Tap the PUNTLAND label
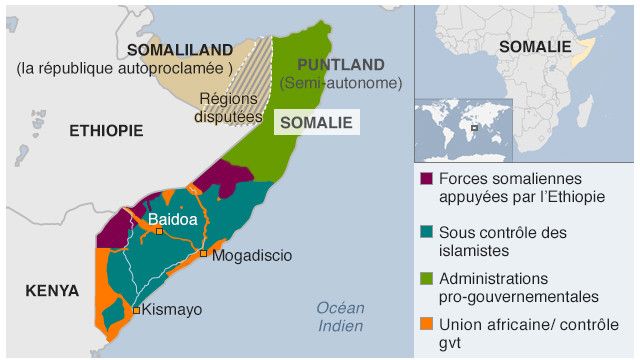(x=340, y=64)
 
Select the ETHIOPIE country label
(x=106, y=131)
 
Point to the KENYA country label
(x=52, y=291)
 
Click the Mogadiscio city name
(x=252, y=256)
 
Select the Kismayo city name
(x=172, y=310)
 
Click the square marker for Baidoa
(x=159, y=232)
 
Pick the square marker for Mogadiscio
(x=204, y=254)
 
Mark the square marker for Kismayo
(x=137, y=310)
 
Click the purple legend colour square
(x=427, y=179)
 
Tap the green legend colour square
(x=427, y=279)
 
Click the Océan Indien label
(x=340, y=317)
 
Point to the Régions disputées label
(x=227, y=107)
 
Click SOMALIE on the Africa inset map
(x=535, y=46)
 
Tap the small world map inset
(x=463, y=130)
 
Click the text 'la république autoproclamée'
(x=124, y=68)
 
